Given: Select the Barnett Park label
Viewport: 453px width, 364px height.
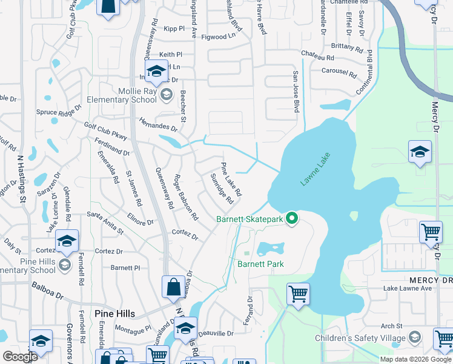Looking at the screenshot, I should [x=260, y=264].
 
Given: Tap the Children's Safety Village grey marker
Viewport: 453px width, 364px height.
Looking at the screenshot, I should [x=415, y=337].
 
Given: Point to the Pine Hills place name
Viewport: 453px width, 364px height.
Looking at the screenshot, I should [x=115, y=313].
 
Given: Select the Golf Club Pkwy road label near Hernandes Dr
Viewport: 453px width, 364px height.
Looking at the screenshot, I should [x=106, y=130].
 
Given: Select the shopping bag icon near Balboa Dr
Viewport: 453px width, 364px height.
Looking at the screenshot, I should [x=174, y=288].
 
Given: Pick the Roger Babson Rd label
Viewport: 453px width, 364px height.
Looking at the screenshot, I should [x=186, y=197].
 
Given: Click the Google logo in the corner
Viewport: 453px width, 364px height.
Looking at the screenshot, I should [x=20, y=357].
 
